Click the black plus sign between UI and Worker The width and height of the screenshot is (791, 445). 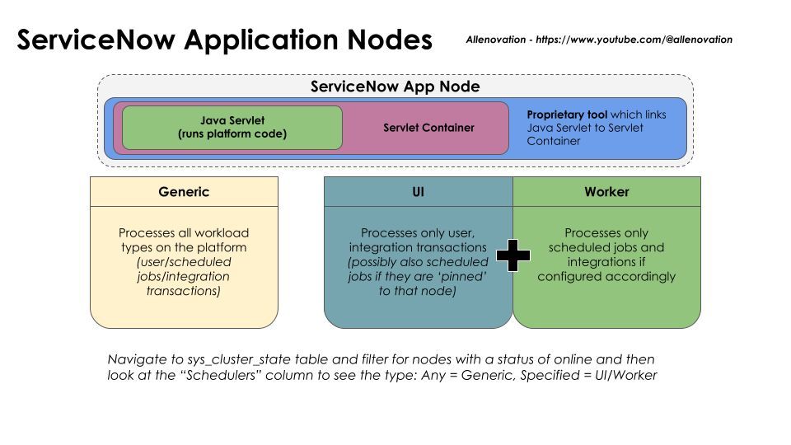513,256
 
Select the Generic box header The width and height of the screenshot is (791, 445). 184,191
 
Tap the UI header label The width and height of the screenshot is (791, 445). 418,191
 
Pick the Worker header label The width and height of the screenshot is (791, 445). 606,191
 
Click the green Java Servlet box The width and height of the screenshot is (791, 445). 232,127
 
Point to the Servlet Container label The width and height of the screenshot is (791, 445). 428,128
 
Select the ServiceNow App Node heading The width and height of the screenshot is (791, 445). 395,87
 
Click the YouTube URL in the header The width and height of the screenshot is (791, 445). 634,39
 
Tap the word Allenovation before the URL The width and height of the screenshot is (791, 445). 497,39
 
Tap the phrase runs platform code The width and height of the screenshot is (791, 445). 232,133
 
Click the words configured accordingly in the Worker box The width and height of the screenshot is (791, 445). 606,276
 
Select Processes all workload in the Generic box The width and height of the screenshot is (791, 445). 184,232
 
